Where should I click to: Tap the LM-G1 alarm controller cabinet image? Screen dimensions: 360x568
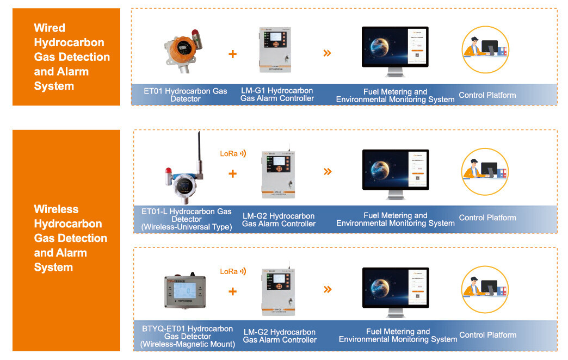pos(275,50)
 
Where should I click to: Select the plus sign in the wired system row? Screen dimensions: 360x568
pos(233,54)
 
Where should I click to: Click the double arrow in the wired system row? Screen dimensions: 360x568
pos(327,53)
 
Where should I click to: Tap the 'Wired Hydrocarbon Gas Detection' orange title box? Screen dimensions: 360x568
pos(66,57)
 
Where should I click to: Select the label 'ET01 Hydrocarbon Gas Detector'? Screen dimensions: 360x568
pos(186,95)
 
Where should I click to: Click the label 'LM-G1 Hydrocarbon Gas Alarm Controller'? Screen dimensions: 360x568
pos(277,95)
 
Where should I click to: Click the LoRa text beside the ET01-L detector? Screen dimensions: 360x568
pos(229,154)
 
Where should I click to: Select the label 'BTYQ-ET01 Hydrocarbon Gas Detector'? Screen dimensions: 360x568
pos(187,336)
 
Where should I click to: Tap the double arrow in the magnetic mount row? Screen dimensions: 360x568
pos(327,289)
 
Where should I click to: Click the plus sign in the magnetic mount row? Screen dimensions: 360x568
pos(233,291)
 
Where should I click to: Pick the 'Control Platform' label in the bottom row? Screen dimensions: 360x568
pos(487,335)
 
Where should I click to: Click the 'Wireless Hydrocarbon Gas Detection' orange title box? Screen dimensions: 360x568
pos(66,238)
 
